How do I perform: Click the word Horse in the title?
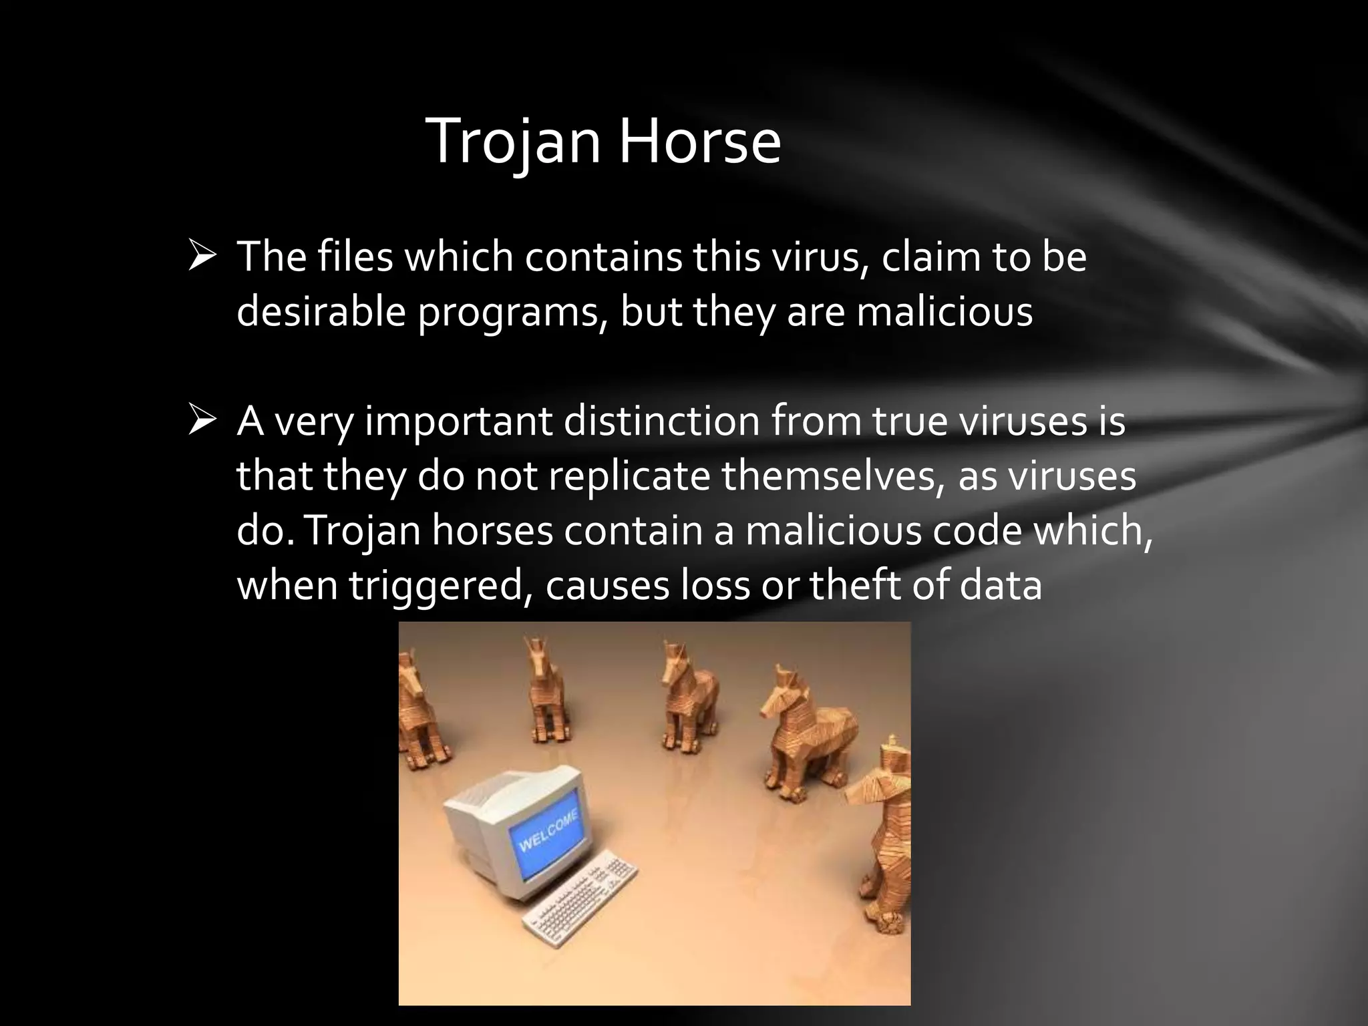click(x=699, y=142)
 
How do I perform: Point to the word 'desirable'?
click(x=321, y=311)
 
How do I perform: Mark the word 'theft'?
click(x=846, y=585)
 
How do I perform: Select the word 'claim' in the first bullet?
click(x=930, y=257)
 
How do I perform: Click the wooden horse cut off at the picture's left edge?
click(x=419, y=708)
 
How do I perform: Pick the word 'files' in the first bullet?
click(x=355, y=257)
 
